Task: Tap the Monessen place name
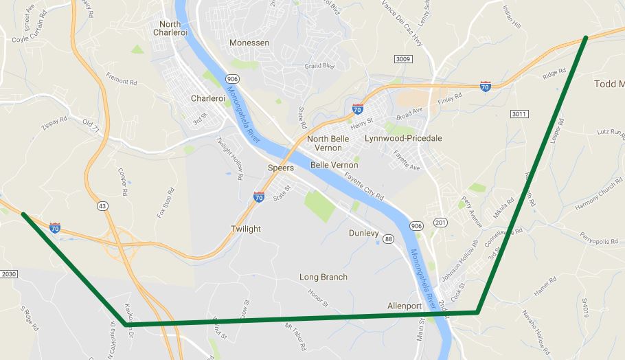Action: (x=249, y=43)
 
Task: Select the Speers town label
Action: (x=281, y=168)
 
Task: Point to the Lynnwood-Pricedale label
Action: (x=403, y=139)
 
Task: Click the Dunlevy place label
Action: (x=364, y=234)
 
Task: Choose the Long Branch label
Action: (x=323, y=277)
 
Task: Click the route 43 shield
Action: (x=102, y=205)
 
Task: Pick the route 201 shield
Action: (x=441, y=223)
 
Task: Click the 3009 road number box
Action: (x=403, y=60)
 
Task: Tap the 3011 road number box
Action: (x=520, y=113)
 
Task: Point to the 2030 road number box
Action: (x=8, y=274)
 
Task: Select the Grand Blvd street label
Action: (x=319, y=67)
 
